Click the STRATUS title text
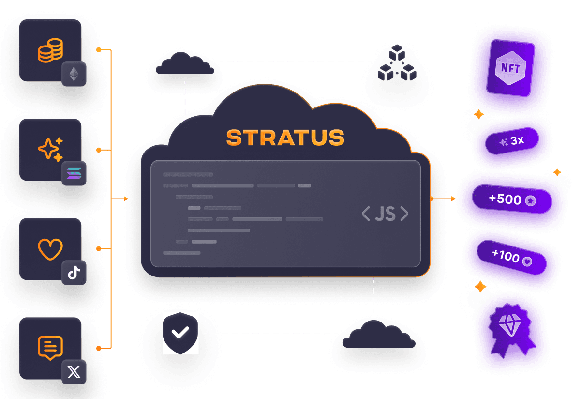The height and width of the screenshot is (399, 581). coord(285,138)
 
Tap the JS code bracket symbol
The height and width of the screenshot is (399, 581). coord(385,214)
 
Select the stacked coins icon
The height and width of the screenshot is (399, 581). coord(50,50)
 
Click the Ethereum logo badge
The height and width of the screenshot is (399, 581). coord(74,74)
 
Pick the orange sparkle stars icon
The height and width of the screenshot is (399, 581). coord(50,150)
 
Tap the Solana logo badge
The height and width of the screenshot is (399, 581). coord(74,173)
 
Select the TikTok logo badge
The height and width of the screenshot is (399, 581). coord(74,273)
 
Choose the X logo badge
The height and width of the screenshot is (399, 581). coord(74,372)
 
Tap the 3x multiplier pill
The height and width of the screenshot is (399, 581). coord(512,141)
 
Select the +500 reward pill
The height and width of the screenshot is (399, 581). coord(512,199)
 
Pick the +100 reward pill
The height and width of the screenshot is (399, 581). coord(511,258)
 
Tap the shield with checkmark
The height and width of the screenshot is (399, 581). coord(180,333)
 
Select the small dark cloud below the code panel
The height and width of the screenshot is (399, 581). coord(378,335)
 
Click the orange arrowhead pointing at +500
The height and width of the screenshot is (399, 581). coord(453,199)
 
